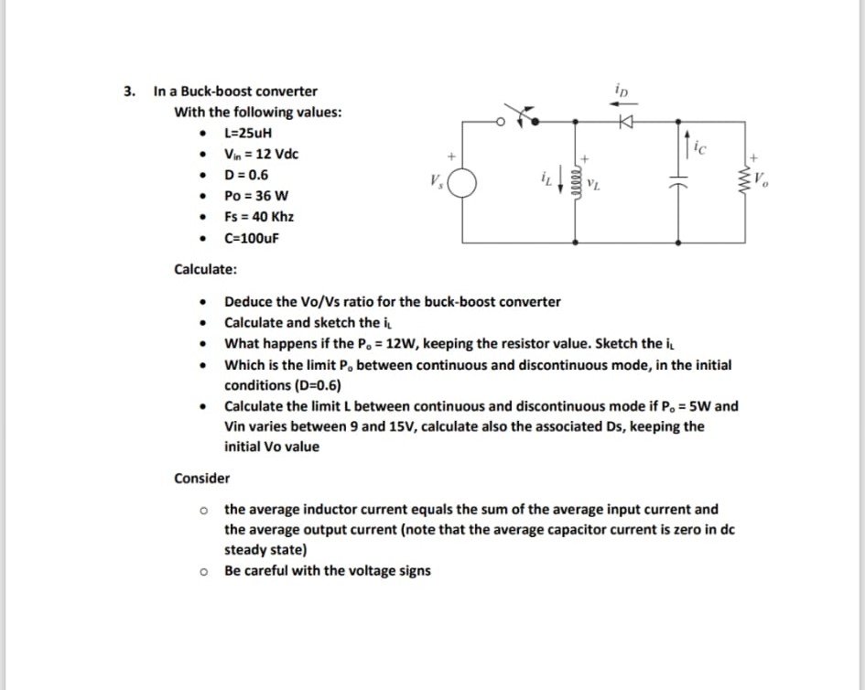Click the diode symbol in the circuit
pyautogui.click(x=627, y=120)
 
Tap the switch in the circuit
pyautogui.click(x=524, y=116)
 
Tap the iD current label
pyautogui.click(x=623, y=92)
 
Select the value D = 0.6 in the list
pyautogui.click(x=246, y=175)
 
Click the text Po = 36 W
pyautogui.click(x=256, y=196)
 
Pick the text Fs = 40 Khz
pyautogui.click(x=259, y=217)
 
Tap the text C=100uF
pyautogui.click(x=252, y=238)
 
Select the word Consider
pyautogui.click(x=202, y=478)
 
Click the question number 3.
pyautogui.click(x=129, y=92)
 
